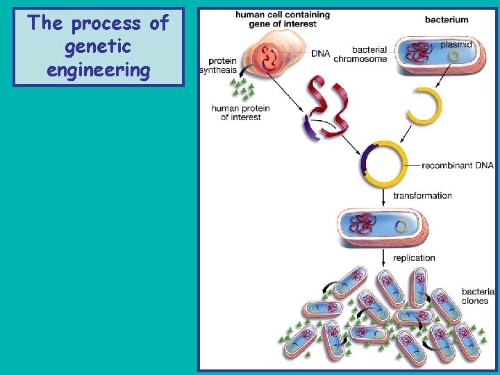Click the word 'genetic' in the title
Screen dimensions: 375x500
click(x=98, y=47)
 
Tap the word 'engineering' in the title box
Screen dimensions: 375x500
click(x=98, y=69)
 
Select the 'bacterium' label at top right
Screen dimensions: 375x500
click(x=447, y=19)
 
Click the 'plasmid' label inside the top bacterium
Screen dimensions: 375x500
click(x=456, y=44)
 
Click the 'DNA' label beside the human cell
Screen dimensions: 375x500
click(x=320, y=53)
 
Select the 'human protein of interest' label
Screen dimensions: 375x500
click(x=240, y=112)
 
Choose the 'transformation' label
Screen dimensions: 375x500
click(x=422, y=195)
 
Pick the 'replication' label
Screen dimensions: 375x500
click(x=414, y=258)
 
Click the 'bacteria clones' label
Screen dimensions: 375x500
click(x=478, y=296)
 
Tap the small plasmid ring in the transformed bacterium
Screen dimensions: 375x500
click(x=401, y=226)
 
